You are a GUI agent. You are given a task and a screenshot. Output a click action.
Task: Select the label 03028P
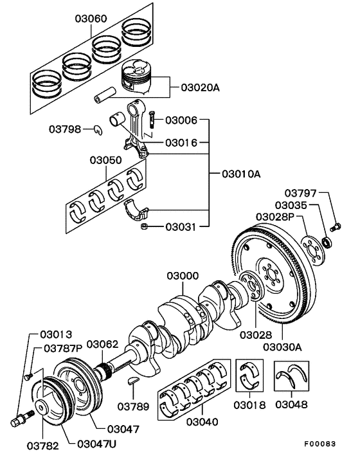[274, 217]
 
